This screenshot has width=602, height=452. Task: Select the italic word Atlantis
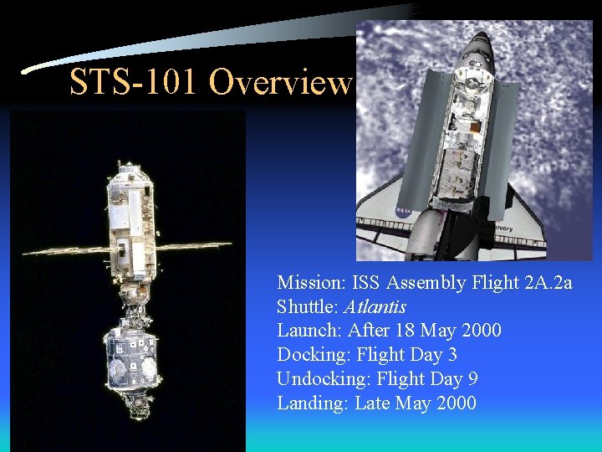[x=375, y=306]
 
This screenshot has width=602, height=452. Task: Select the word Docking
[x=309, y=355]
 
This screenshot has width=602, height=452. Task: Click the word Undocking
[x=320, y=379]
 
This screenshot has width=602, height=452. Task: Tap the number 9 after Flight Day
[x=473, y=379]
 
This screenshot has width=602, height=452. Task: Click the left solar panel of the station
[x=67, y=250]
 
